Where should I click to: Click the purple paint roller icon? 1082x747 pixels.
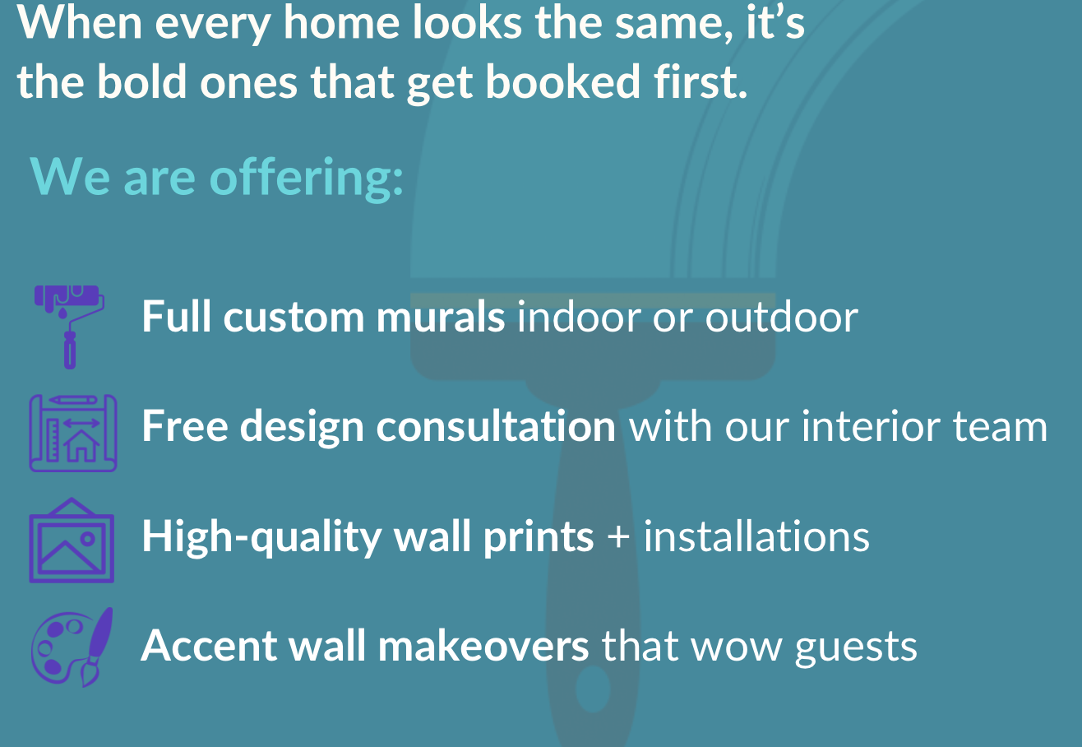point(70,327)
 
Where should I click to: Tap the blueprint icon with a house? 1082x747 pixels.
point(73,433)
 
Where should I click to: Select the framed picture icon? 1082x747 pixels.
point(72,541)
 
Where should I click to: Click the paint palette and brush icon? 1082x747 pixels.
point(72,647)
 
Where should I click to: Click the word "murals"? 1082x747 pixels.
point(441,317)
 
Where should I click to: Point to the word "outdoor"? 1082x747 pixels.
point(782,317)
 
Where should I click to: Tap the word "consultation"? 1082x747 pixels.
point(496,426)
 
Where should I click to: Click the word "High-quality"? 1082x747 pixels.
point(261,537)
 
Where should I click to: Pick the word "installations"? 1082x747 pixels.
point(756,536)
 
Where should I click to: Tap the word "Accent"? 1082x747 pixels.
point(209,646)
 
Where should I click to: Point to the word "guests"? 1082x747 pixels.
point(856,648)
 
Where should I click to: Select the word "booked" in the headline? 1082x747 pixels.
point(562,81)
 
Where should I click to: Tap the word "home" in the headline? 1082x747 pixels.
point(341,23)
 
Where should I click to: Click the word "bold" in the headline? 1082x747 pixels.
point(142,81)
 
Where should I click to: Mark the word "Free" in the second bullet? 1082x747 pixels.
point(185,425)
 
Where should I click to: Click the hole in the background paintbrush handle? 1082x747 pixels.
point(593,689)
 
